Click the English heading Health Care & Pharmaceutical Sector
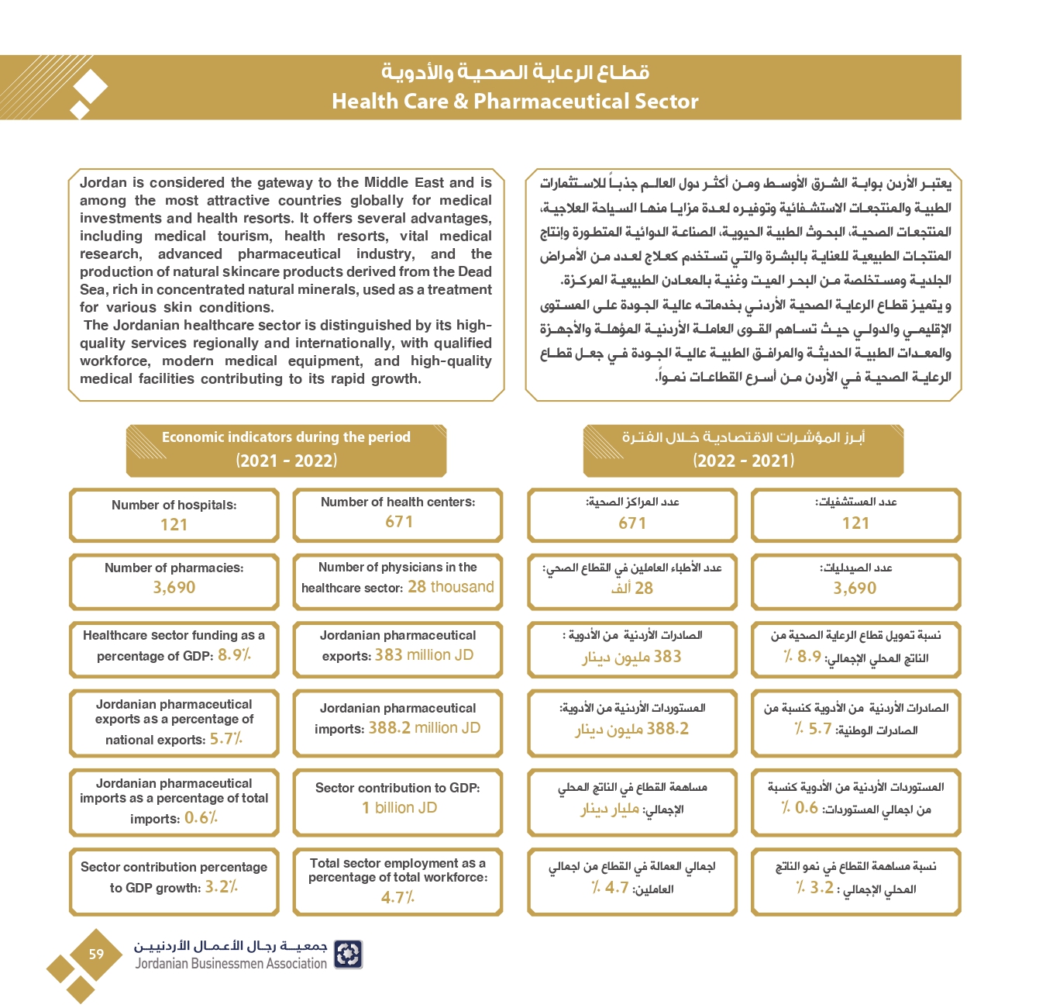[x=514, y=102]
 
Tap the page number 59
[x=96, y=954]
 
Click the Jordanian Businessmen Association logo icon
[x=348, y=954]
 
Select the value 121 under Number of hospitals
[x=174, y=525]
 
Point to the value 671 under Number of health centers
[x=399, y=522]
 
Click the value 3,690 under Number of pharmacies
[x=174, y=588]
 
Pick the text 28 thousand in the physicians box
[x=451, y=587]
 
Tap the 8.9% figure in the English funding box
[x=234, y=655]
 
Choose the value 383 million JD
[x=424, y=655]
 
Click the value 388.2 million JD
[x=424, y=728]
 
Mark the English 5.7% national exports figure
[x=225, y=739]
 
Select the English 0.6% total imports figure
[x=201, y=818]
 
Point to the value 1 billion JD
[x=399, y=808]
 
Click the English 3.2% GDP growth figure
[x=221, y=887]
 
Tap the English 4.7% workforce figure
[x=397, y=898]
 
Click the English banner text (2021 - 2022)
[x=286, y=461]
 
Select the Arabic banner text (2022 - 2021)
[x=743, y=461]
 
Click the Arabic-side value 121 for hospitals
[x=855, y=523]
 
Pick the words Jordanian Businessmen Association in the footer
[x=231, y=964]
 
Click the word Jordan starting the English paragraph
[x=103, y=183]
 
